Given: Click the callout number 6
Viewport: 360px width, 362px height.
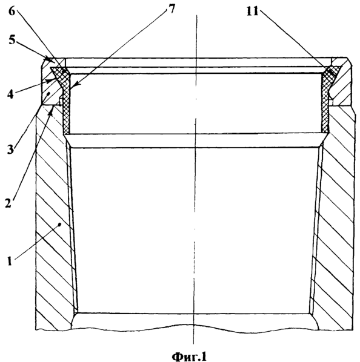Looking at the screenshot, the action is click(12, 11).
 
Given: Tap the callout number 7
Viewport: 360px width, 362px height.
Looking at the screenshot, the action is click(172, 9).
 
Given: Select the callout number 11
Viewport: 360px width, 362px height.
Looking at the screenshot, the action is click(253, 11).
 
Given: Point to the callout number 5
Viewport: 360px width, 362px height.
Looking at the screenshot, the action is click(12, 40).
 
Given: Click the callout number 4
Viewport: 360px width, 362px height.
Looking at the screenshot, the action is click(10, 94).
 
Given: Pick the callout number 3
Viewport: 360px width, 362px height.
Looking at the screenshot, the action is click(10, 150).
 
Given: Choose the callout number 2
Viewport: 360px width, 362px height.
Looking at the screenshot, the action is click(8, 203).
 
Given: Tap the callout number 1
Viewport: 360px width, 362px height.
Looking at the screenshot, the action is click(10, 261).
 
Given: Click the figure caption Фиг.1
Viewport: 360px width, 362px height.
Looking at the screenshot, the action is click(189, 356).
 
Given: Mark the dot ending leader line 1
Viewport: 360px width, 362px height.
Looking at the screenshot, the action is click(60, 224).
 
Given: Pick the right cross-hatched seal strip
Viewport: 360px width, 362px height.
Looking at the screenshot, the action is click(326, 99).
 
